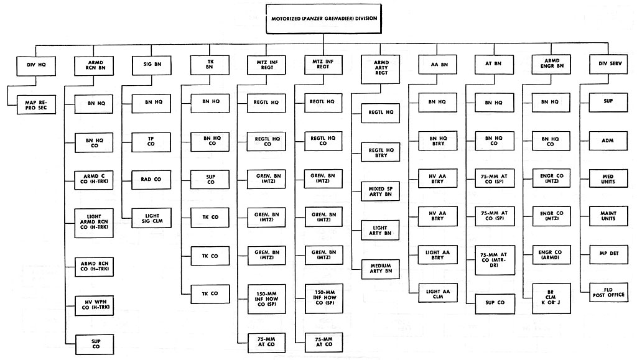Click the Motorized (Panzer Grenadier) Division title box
tap(323, 19)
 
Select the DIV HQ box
tap(36, 65)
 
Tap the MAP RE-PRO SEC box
tap(36, 104)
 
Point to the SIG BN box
tap(152, 65)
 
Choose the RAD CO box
tap(151, 180)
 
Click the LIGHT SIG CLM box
tap(152, 218)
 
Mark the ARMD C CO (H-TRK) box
tap(94, 180)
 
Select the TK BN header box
tap(210, 65)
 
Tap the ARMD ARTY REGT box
tap(381, 69)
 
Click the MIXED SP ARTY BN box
tap(381, 192)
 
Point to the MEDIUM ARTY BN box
tap(381, 269)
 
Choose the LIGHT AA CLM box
tap(438, 294)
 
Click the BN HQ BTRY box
tap(438, 141)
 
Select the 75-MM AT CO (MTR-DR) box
tap(495, 260)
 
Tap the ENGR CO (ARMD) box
tap(551, 256)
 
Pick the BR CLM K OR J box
tap(551, 298)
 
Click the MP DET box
tap(608, 254)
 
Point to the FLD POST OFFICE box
tap(608, 293)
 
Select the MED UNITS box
tap(608, 180)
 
